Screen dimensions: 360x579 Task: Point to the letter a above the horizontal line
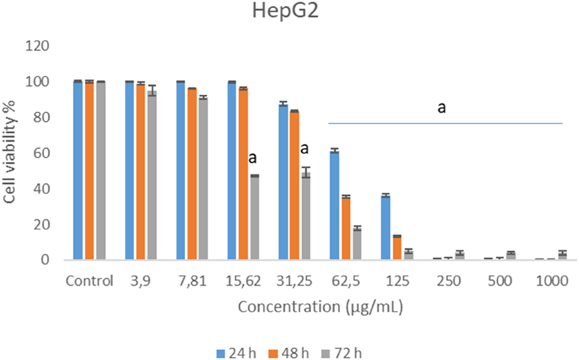click(x=442, y=108)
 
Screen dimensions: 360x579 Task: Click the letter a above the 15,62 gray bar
click(x=253, y=159)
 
